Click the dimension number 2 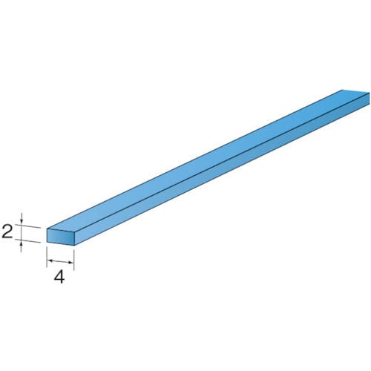tap(8, 233)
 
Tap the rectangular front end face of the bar tap(60, 237)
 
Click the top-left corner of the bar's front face tap(47, 229)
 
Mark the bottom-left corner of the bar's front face tap(47, 242)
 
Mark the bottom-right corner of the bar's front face tap(74, 245)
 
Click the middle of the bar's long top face tap(208, 160)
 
